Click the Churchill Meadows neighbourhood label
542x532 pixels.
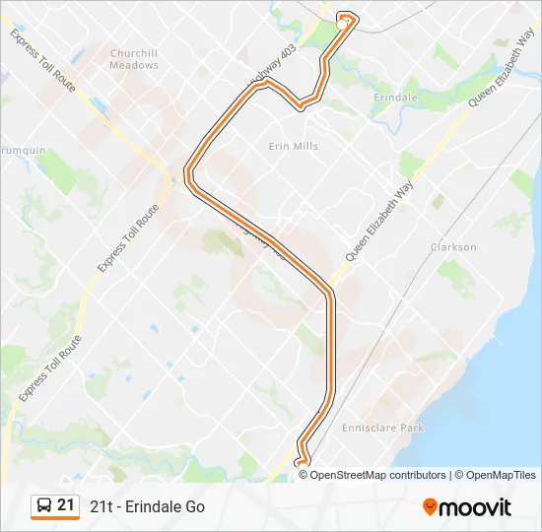134,59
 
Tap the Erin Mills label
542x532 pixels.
294,146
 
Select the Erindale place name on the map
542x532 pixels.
396,99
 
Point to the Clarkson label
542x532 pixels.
453,247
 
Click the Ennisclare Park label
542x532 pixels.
381,428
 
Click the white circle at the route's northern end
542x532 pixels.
346,19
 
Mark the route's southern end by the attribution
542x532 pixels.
301,462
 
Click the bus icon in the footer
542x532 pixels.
44,506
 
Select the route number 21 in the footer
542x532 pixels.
66,505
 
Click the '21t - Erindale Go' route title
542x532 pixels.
147,506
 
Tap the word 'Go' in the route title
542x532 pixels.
194,506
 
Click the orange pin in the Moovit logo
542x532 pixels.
430,507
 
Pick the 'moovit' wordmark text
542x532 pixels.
475,507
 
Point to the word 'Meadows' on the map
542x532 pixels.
134,65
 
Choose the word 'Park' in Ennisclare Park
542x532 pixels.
410,428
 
